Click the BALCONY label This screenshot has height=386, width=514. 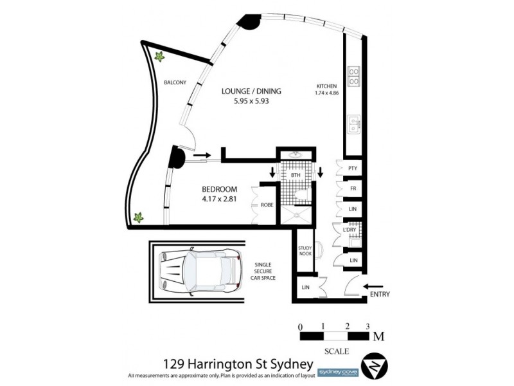[x=175, y=82]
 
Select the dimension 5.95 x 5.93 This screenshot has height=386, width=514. [x=251, y=102]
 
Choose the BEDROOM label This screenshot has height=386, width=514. [x=220, y=189]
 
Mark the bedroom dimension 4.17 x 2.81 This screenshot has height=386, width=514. [x=220, y=199]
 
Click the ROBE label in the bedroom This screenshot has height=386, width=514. [x=267, y=205]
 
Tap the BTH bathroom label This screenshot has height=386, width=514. [x=296, y=174]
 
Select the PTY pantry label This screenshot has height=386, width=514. [x=352, y=168]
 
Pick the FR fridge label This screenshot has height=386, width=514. [x=353, y=188]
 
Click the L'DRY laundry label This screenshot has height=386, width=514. [x=350, y=230]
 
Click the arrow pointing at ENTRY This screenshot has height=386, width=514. [x=373, y=287]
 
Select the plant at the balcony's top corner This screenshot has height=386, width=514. [x=158, y=56]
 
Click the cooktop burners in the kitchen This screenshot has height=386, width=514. [x=353, y=77]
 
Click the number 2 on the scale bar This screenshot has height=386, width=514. [x=347, y=326]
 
